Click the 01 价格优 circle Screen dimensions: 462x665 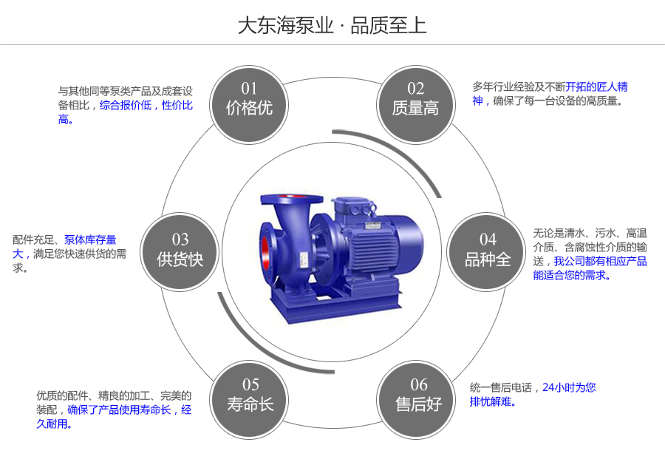(x=249, y=100)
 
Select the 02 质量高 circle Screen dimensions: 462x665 (x=415, y=100)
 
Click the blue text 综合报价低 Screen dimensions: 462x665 (x=126, y=105)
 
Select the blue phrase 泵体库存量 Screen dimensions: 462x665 (x=90, y=240)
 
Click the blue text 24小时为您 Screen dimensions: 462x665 (x=569, y=387)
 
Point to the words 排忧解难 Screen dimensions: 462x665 (x=491, y=402)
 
